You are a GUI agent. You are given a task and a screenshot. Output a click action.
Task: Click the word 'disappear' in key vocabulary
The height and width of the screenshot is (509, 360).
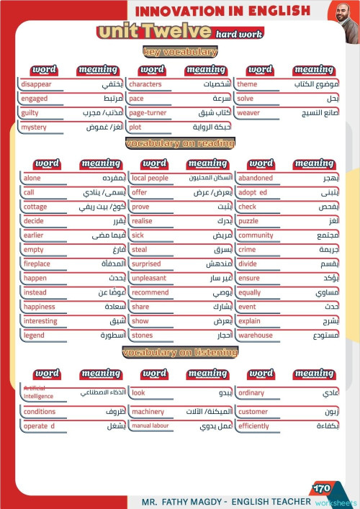[x=37, y=84]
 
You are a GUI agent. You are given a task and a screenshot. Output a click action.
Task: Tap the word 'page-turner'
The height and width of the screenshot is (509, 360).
[x=148, y=113]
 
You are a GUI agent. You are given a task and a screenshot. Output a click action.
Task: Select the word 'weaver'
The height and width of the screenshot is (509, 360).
[x=248, y=113]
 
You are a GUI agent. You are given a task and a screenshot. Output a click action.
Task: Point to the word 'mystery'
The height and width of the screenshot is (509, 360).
[x=34, y=127]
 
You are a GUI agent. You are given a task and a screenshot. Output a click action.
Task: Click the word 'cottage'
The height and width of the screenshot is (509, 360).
[x=35, y=207]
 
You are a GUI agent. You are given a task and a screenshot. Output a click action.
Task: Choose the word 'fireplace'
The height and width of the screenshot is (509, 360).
[x=37, y=264]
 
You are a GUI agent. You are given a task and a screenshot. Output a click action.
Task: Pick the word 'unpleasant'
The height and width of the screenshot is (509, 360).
[x=149, y=279]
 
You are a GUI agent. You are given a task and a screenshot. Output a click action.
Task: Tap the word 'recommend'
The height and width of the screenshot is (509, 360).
[x=150, y=293]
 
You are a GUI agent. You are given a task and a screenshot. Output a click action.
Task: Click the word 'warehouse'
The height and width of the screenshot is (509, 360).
[x=256, y=335]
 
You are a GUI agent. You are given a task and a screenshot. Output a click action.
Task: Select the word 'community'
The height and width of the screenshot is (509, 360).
[x=256, y=235]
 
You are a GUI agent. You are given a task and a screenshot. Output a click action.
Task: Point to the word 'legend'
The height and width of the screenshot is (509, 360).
[x=34, y=335]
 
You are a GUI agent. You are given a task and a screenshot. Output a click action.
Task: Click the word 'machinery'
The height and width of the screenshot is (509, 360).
[x=148, y=412]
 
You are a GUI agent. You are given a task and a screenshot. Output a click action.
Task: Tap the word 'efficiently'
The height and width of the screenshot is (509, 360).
[x=253, y=426]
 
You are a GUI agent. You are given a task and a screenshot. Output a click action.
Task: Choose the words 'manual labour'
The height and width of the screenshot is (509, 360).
[x=150, y=426]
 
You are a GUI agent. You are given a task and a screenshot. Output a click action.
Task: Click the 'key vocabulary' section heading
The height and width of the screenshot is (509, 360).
[x=180, y=52]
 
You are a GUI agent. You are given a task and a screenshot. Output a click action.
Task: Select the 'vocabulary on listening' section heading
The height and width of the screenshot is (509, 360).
[x=180, y=352]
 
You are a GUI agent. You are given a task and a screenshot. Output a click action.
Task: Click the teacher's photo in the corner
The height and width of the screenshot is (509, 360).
[x=343, y=12]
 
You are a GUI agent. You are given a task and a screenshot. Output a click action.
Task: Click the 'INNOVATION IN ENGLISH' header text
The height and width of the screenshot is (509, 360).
[x=223, y=11]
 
